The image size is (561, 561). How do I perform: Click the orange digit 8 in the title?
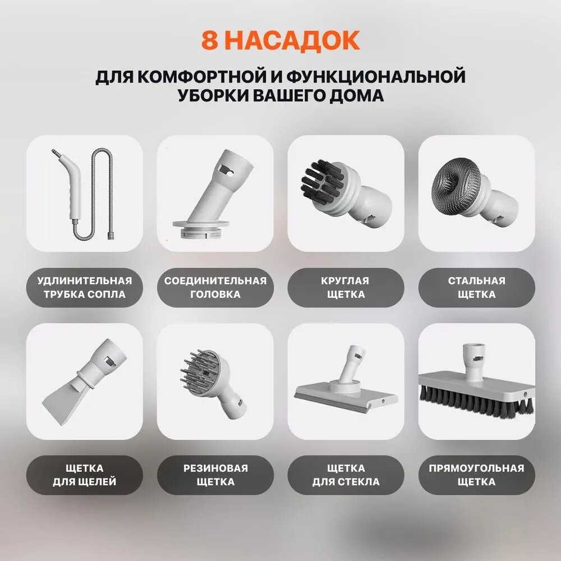point(210,40)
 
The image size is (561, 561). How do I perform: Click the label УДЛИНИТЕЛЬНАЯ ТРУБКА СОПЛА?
point(85,287)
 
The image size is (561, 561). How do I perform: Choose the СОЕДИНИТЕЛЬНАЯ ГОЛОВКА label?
point(215,287)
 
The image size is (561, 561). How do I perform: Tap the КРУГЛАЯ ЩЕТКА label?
point(346,287)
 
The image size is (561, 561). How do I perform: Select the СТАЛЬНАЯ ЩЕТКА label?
point(476,287)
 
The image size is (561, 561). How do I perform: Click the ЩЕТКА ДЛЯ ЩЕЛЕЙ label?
point(85,475)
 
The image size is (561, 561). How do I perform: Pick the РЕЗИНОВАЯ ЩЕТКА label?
point(215,475)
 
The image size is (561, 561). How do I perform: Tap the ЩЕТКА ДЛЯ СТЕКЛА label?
point(346,475)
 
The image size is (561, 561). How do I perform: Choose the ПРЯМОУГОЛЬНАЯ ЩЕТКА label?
point(476,475)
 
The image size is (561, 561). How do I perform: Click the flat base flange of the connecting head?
point(201,224)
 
